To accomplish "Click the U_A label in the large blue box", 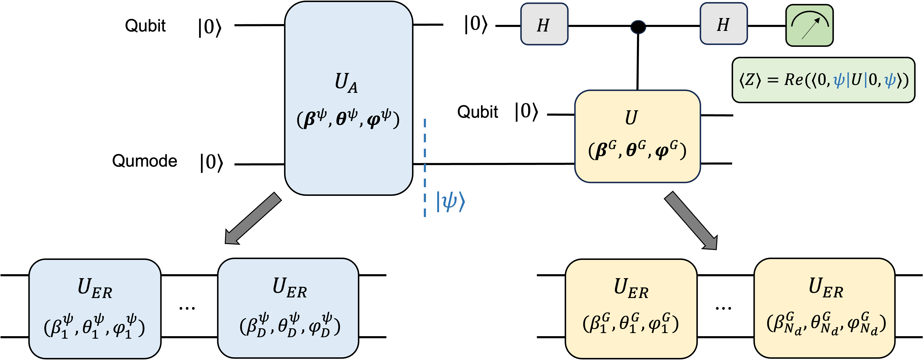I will point(346,83).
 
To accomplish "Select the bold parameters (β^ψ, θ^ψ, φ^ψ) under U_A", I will point(348,119).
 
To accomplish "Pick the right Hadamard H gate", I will point(723,24).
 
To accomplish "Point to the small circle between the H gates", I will point(638,27).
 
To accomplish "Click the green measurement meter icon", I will point(809,25).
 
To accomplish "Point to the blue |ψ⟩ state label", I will point(450,202).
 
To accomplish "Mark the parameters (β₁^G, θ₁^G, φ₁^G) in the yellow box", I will point(631,324).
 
